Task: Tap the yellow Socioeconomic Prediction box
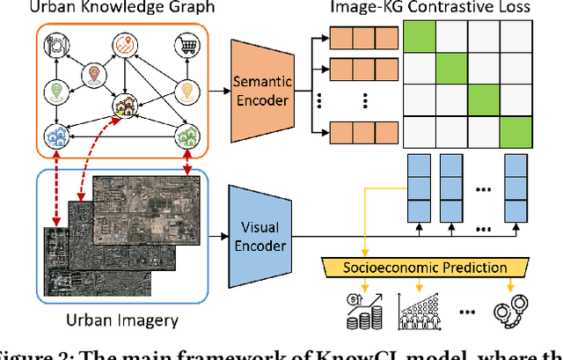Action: (x=414, y=266)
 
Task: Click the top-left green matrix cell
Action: (x=420, y=38)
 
